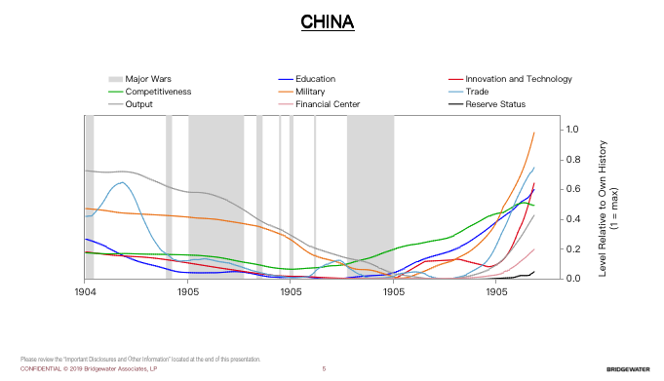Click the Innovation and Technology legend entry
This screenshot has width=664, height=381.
pyautogui.click(x=518, y=79)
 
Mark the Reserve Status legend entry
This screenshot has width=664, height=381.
pyautogui.click(x=495, y=104)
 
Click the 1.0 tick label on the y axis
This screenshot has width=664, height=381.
pyautogui.click(x=572, y=130)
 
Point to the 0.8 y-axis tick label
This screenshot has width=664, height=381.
pyautogui.click(x=572, y=160)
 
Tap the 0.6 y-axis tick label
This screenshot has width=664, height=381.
pyautogui.click(x=572, y=190)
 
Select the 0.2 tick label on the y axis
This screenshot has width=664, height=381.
pyautogui.click(x=572, y=249)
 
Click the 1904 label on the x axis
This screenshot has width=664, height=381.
pyautogui.click(x=85, y=291)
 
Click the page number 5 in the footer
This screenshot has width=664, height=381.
pyautogui.click(x=323, y=369)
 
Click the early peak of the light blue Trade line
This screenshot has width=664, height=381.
pyautogui.click(x=121, y=182)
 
